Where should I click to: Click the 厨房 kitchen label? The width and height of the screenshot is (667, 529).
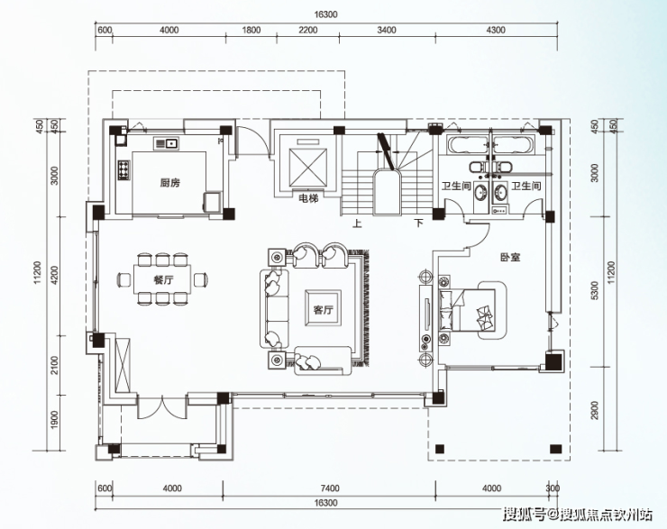(x=170, y=183)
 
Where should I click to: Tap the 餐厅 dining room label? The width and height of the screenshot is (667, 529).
(x=163, y=279)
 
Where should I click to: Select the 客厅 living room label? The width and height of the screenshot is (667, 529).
(x=324, y=310)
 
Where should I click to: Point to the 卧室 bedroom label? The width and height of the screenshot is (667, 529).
(x=510, y=257)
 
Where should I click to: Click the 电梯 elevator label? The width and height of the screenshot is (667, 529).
(x=309, y=198)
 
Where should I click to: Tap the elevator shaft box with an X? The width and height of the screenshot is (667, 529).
(x=308, y=167)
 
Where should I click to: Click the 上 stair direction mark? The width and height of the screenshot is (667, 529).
(x=357, y=223)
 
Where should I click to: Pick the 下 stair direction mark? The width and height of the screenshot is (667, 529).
(x=419, y=223)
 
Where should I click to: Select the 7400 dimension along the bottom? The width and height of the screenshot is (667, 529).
(x=329, y=488)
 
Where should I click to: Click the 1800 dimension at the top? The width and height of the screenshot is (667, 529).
(x=251, y=31)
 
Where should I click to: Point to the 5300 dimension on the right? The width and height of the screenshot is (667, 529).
(x=595, y=291)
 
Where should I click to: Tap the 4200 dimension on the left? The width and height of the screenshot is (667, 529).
(x=55, y=276)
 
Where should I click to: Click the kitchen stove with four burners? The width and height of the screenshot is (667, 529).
(x=123, y=169)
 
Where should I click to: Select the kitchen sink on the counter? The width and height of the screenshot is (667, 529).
(x=167, y=143)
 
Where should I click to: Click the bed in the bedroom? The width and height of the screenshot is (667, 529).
(x=467, y=310)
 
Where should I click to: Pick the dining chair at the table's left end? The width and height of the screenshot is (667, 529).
(x=124, y=279)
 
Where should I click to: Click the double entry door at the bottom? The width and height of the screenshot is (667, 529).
(x=161, y=407)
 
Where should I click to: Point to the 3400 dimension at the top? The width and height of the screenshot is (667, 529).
(x=387, y=31)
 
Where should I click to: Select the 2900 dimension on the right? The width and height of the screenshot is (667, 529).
(x=595, y=410)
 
